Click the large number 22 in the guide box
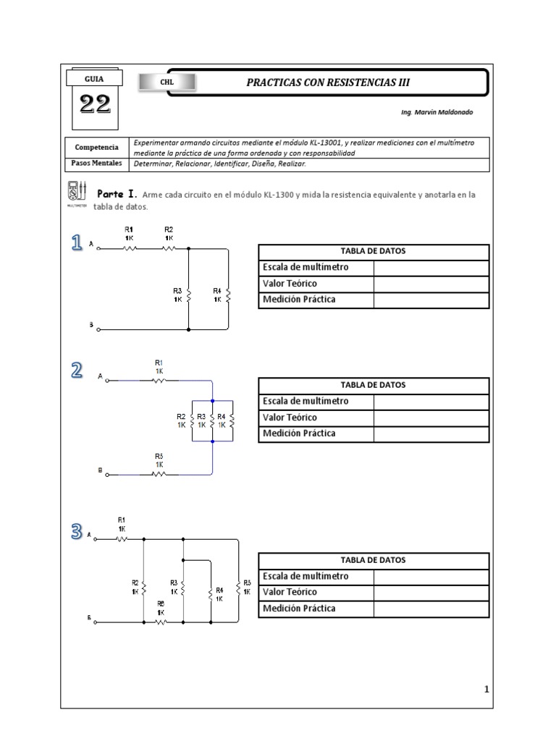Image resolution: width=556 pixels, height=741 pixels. click(94, 106)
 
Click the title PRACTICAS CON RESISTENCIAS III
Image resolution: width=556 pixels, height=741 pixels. click(328, 82)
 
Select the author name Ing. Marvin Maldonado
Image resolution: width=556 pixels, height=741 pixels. click(439, 113)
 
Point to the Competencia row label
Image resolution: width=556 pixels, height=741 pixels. click(96, 148)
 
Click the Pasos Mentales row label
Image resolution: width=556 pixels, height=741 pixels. click(96, 164)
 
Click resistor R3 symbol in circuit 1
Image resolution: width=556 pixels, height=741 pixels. click(188, 295)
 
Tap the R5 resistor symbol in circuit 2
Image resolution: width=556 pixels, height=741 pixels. click(159, 475)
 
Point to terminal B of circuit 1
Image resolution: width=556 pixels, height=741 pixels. click(98, 329)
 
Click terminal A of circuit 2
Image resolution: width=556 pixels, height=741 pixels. click(107, 378)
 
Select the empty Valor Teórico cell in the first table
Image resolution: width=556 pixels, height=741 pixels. click(431, 284)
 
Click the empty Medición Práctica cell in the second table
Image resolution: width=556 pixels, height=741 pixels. click(431, 434)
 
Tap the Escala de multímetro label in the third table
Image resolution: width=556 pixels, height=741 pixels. click(306, 576)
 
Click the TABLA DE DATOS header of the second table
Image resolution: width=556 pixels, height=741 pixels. click(373, 385)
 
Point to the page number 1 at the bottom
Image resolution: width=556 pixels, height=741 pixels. click(487, 690)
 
